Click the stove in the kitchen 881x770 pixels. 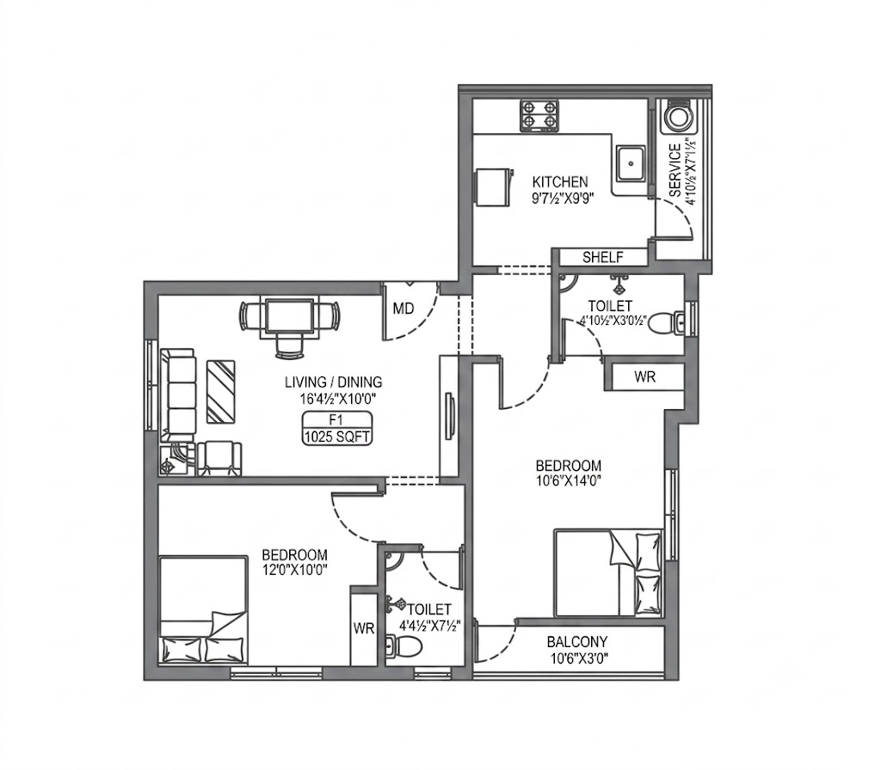539,116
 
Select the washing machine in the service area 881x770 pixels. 678,117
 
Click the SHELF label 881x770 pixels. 603,257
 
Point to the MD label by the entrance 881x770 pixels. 404,309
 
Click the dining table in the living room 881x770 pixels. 290,317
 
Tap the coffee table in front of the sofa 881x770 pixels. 221,392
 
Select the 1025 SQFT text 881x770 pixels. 336,437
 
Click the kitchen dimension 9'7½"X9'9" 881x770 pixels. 563,198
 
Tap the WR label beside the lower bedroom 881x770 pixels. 364,628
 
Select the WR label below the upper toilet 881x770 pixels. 645,376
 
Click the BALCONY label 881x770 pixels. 577,641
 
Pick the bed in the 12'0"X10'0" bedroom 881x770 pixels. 203,611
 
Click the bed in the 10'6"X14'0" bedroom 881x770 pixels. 608,573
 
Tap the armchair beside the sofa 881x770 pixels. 219,459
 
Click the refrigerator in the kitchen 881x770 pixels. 494,186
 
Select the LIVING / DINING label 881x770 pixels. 334,382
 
